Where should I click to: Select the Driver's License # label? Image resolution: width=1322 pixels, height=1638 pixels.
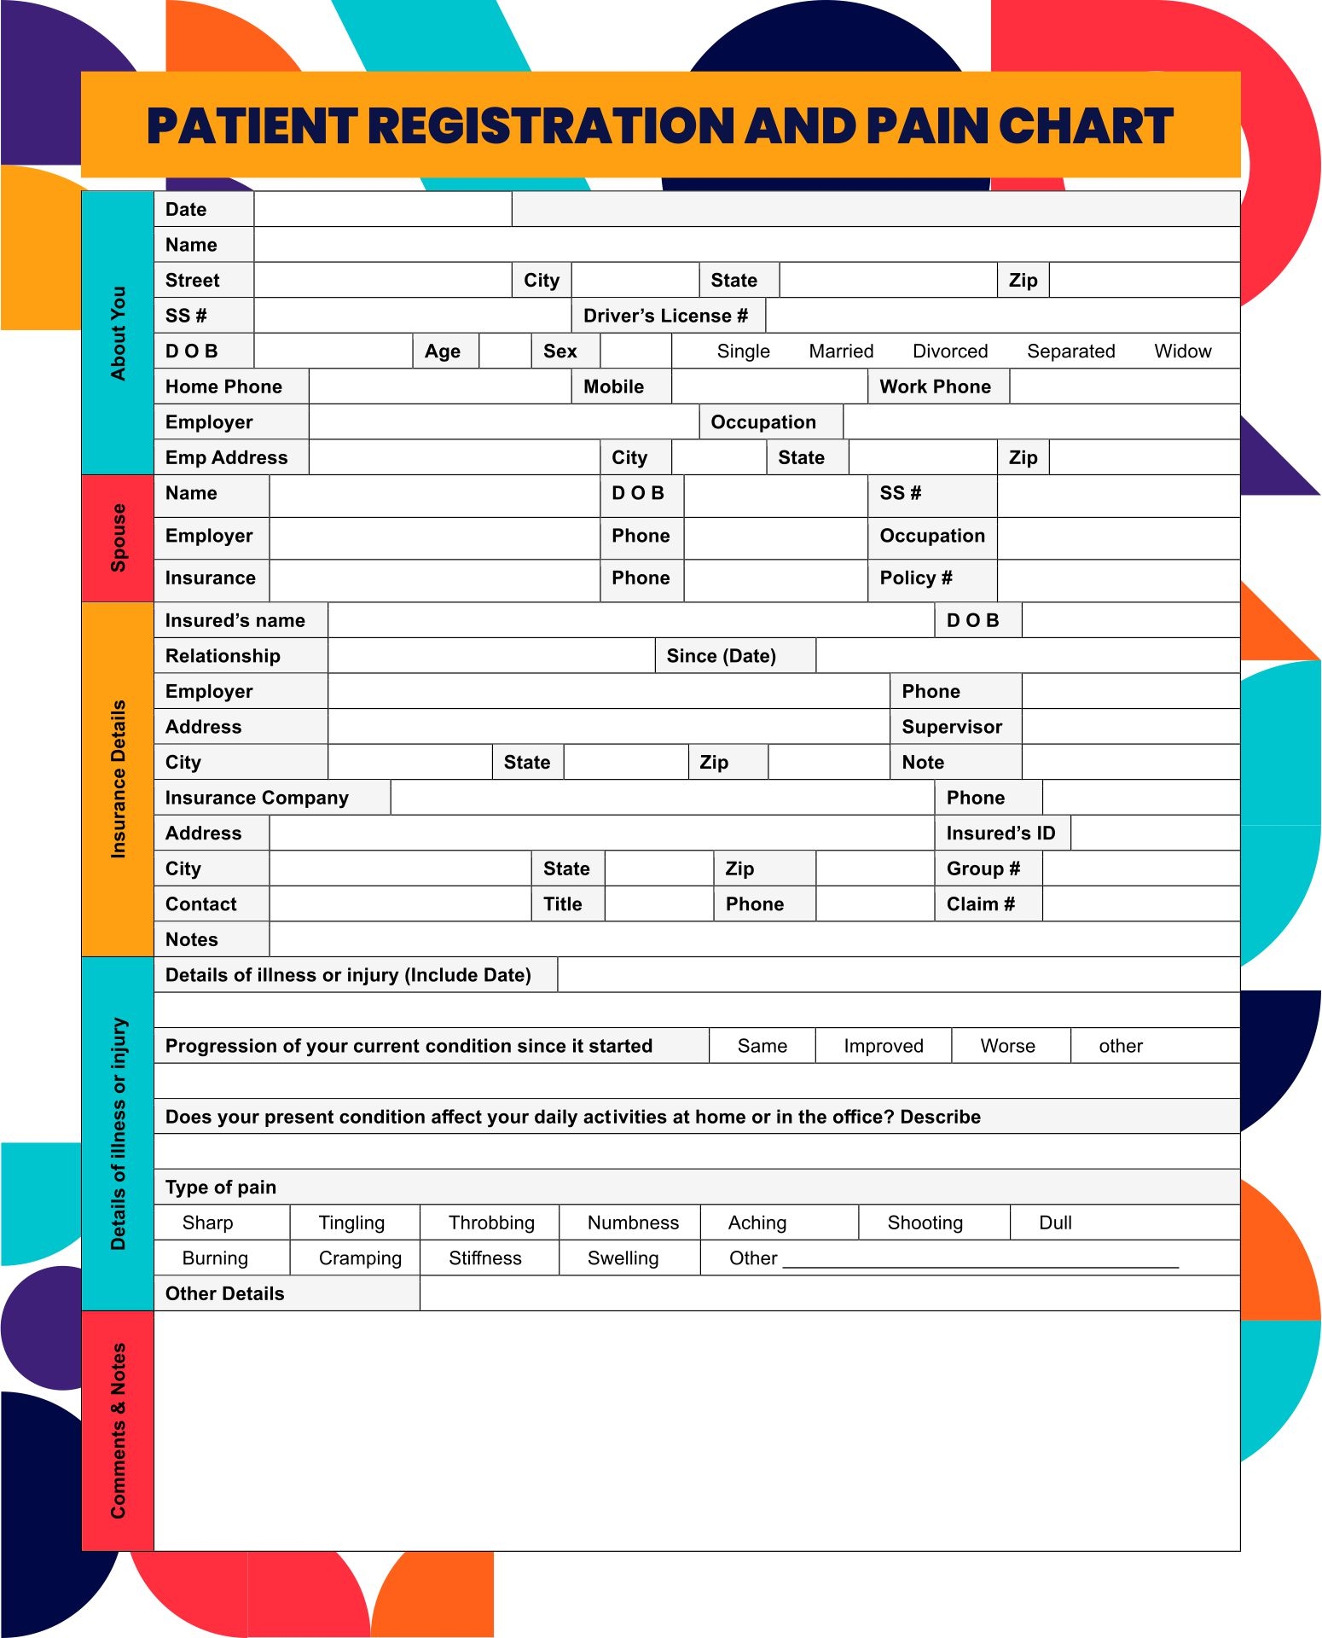pos(665,316)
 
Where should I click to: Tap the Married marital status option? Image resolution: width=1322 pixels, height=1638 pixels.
pos(841,351)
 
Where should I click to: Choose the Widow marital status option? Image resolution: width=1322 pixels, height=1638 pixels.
pos(1182,351)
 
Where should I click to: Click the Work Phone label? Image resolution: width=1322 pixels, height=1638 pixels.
pos(935,386)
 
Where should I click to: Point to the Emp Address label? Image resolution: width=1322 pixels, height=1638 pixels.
pos(226,457)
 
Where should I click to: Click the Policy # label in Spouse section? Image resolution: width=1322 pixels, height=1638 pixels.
pos(915,578)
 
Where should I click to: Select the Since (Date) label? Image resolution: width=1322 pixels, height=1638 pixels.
pos(721,656)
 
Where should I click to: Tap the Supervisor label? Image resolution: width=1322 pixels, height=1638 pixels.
pos(952,727)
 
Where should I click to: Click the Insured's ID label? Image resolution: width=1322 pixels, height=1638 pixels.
pos(1000,833)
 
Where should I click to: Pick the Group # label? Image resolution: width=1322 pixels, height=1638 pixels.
pos(983,868)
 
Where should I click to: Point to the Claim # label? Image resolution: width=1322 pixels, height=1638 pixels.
pos(980,904)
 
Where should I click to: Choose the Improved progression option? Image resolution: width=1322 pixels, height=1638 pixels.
pos(883,1046)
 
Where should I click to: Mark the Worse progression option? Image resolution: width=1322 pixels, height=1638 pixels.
pos(1007,1046)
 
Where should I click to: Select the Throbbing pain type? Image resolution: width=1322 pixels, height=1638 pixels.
pos(491,1223)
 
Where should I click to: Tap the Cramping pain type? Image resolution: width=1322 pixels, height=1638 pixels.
pos(360,1258)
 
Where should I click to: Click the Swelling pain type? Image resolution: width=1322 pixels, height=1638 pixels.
pos(623,1258)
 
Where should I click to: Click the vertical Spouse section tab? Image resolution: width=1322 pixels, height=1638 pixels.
pos(118,537)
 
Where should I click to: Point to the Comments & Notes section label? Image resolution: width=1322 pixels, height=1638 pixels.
pos(118,1431)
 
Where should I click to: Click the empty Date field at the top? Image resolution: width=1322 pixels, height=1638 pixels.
pos(382,209)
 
